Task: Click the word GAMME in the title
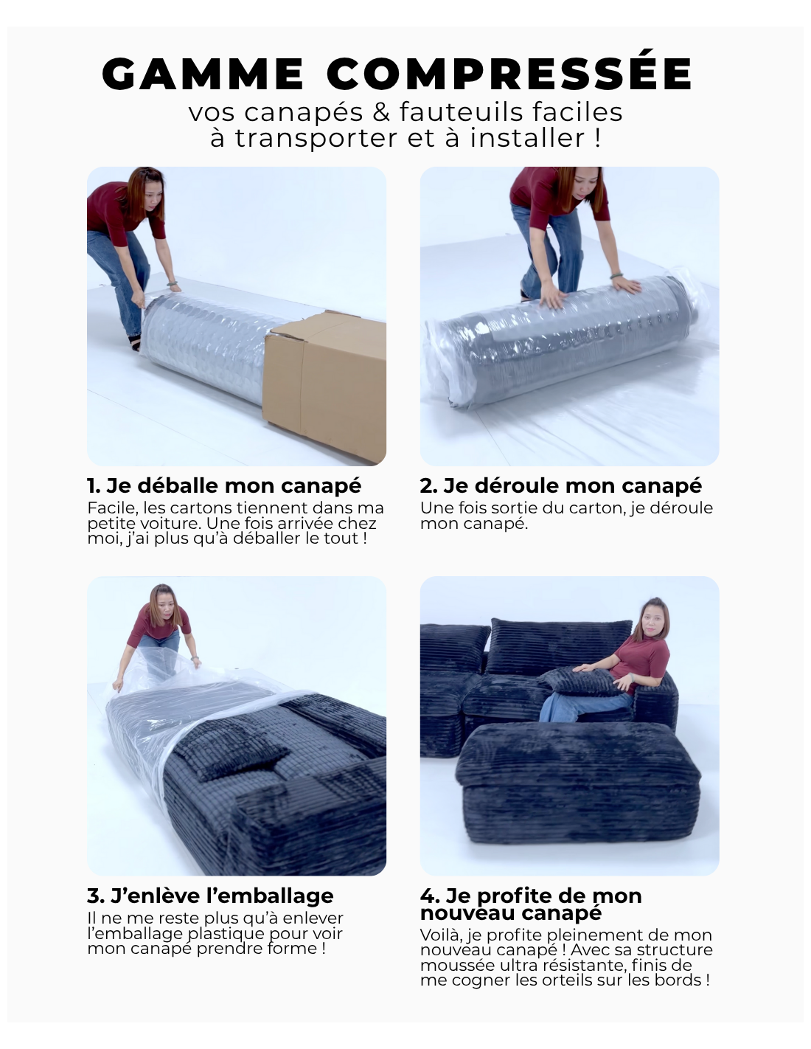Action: pyautogui.click(x=203, y=74)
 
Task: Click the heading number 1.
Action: pyautogui.click(x=93, y=486)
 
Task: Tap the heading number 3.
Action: pyautogui.click(x=95, y=896)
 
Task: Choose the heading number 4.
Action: pyautogui.click(x=429, y=896)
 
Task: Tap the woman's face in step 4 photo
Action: pyautogui.click(x=651, y=620)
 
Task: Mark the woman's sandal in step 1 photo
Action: pyautogui.click(x=136, y=342)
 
